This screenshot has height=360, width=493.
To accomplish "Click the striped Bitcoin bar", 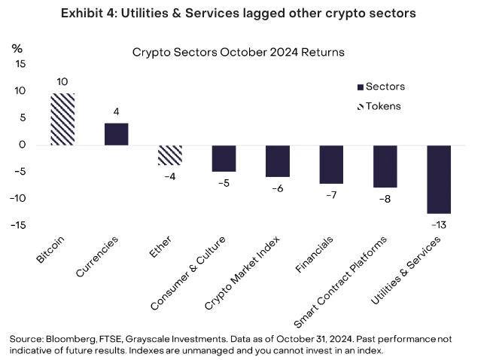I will tap(62, 119).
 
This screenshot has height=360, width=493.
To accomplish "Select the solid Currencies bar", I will tap(116, 133).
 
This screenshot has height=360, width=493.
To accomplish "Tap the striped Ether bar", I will tap(170, 155).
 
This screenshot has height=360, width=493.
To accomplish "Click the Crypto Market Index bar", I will tap(278, 160).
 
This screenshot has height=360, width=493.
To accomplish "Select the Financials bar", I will tap(331, 164).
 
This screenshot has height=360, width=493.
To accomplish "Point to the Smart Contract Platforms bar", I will tap(385, 166).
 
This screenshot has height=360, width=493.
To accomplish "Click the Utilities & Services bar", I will tap(439, 179).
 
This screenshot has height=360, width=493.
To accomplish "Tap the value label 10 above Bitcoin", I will tap(62, 81).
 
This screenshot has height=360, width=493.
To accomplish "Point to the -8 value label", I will tap(385, 199).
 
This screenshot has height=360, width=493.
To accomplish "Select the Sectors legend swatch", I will tap(360, 87).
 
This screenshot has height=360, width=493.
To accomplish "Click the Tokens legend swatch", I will tap(360, 106).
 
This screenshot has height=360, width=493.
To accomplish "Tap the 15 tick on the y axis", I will tap(20, 64).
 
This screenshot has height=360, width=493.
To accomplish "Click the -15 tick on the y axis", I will tap(18, 225).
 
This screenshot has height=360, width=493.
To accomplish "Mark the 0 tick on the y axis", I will tap(23, 145).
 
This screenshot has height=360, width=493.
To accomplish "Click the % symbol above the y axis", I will tap(17, 47).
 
